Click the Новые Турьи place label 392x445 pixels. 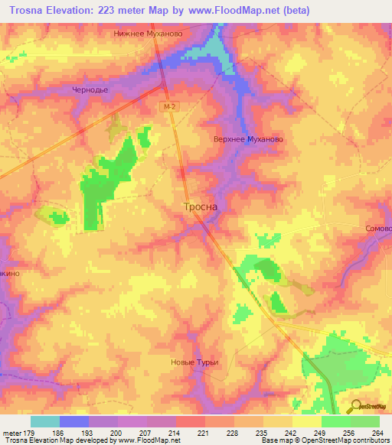pos(194,362)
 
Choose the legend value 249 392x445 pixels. pos(320,433)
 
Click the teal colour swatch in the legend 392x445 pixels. pos(45,421)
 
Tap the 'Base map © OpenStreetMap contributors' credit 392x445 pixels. pos(323,440)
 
